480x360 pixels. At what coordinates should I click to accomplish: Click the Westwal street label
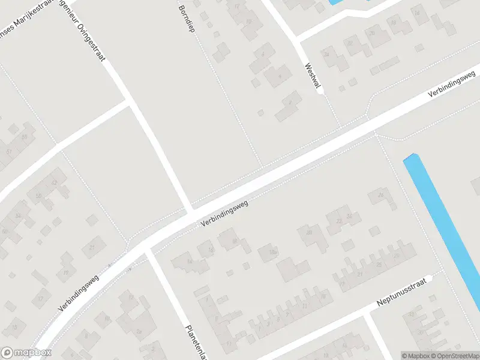click(x=311, y=76)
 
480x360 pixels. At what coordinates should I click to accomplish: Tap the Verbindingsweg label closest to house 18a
click(x=224, y=214)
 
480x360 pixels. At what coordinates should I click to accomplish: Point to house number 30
click(x=310, y=233)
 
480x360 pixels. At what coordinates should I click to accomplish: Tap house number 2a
click(x=139, y=331)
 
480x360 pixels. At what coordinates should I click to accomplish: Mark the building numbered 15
click(x=14, y=327)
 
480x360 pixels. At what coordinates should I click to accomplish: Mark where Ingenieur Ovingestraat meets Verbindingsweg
click(x=191, y=214)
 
